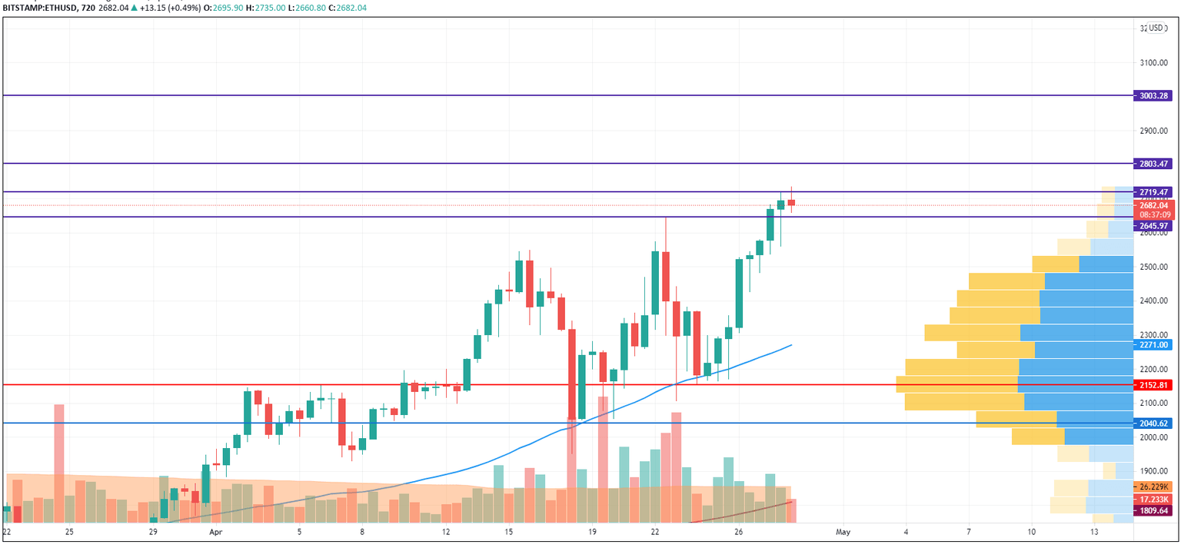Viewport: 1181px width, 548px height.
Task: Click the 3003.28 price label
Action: pyautogui.click(x=1153, y=96)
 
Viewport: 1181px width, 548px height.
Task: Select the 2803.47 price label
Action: pyautogui.click(x=1153, y=164)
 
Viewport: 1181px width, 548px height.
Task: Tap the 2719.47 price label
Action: pyautogui.click(x=1153, y=192)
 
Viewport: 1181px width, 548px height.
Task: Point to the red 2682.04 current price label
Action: pyautogui.click(x=1153, y=205)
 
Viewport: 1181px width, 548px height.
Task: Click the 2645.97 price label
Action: pyautogui.click(x=1153, y=226)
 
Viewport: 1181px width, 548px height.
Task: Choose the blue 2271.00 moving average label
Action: pyautogui.click(x=1153, y=346)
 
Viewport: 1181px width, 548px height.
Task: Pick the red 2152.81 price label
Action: pyautogui.click(x=1153, y=384)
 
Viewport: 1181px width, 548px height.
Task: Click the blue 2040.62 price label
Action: pyautogui.click(x=1153, y=423)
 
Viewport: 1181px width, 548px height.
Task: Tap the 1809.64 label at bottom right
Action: pyautogui.click(x=1153, y=510)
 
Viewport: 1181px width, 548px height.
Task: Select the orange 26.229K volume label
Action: pyautogui.click(x=1153, y=487)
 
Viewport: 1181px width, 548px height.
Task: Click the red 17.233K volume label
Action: pyautogui.click(x=1153, y=499)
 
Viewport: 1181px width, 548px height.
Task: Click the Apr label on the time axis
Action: pyautogui.click(x=215, y=532)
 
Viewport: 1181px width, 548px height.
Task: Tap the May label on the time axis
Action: pyautogui.click(x=843, y=532)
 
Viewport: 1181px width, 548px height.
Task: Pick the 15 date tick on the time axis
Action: pyautogui.click(x=509, y=532)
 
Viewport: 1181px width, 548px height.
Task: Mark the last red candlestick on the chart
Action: pyautogui.click(x=791, y=202)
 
